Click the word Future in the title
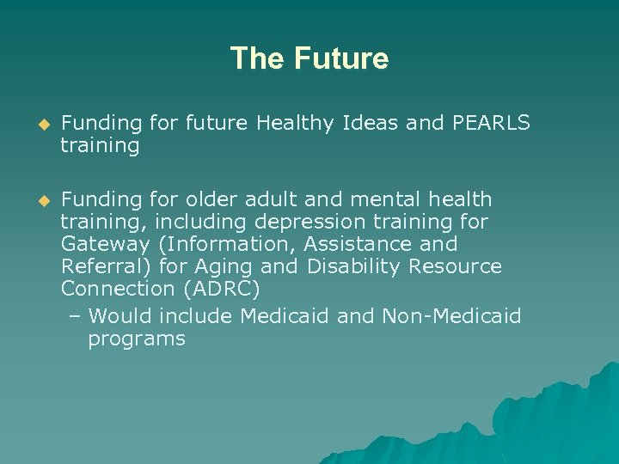point(341,58)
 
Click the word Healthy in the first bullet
point(296,124)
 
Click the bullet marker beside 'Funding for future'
point(35,125)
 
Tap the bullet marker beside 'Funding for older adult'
point(35,200)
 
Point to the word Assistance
point(362,244)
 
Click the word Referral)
point(105,266)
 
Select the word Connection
point(117,289)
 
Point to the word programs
point(137,339)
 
